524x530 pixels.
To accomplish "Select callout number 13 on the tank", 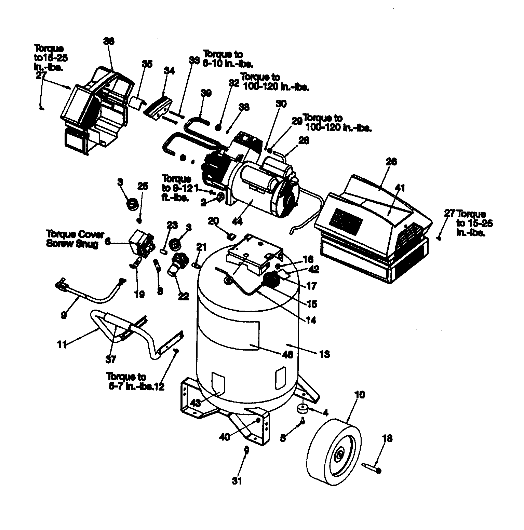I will pos(324,354).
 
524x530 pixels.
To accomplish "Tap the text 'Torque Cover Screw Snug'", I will pos(72,239).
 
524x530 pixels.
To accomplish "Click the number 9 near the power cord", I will pos(64,315).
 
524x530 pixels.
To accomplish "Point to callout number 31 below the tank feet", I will pos(237,481).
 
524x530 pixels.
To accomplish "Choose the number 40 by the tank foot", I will pos(224,437).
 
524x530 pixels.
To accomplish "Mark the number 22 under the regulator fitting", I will pos(184,296).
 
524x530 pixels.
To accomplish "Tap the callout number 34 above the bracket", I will pos(169,71).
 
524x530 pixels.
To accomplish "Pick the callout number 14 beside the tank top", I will pos(311,320).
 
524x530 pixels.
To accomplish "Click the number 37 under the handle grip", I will pos(111,359).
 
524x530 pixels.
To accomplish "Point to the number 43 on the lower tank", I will pos(196,403).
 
